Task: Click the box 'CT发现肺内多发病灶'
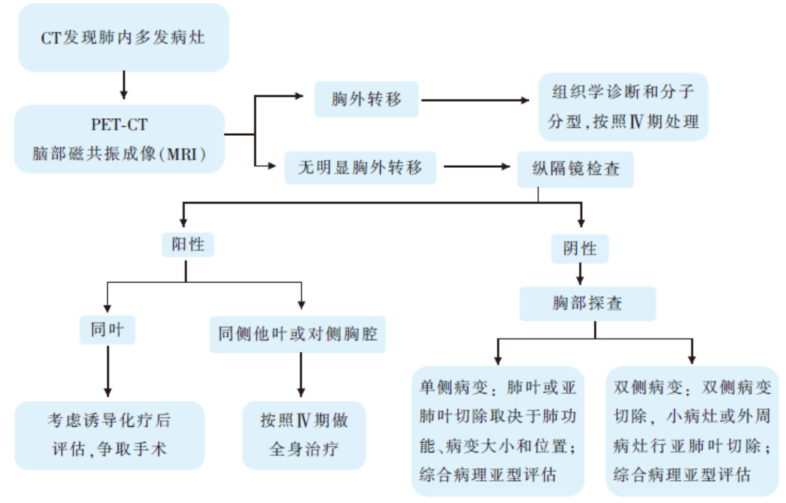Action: [124, 38]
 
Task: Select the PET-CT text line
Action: [119, 125]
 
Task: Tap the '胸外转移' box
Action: [367, 100]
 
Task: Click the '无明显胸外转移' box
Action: [360, 168]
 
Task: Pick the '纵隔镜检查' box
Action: [576, 169]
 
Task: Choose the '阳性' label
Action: [188, 245]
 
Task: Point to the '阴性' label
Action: [580, 248]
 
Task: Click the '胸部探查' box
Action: [588, 303]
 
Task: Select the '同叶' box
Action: [107, 330]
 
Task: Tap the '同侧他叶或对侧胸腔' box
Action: [298, 334]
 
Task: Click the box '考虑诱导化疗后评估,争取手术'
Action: [109, 435]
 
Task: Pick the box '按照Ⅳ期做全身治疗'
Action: [304, 435]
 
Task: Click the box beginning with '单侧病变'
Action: [498, 431]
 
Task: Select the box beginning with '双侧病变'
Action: [692, 431]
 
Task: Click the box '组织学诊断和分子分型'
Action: [623, 107]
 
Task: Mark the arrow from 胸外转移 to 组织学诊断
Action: [475, 100]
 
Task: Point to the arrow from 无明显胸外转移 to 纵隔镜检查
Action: [477, 166]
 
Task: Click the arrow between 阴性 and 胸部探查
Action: [581, 274]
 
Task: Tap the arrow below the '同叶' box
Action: [108, 371]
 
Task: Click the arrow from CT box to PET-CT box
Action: [124, 85]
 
